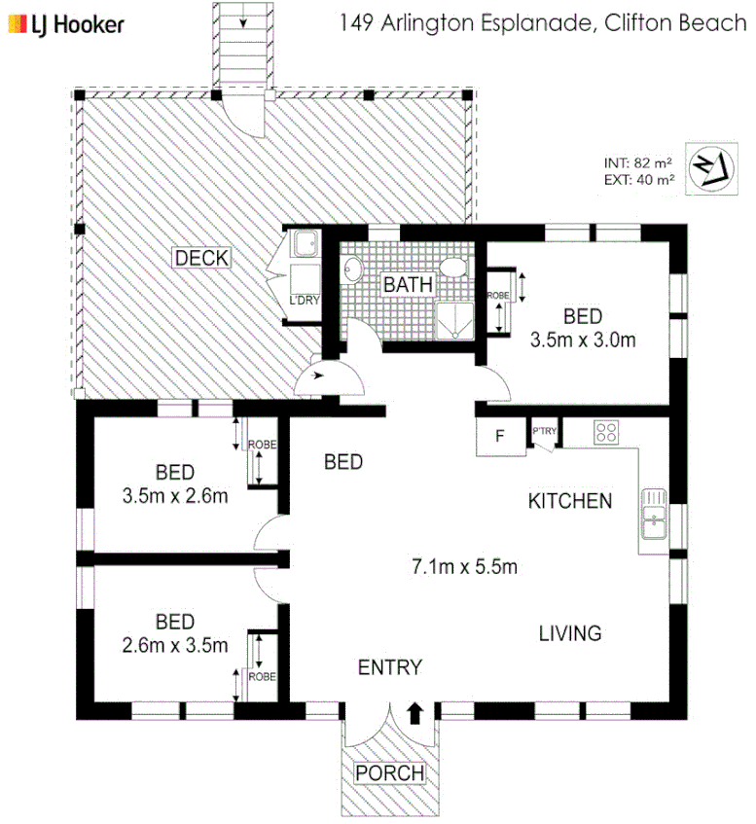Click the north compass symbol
point(709,168)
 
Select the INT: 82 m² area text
point(637,162)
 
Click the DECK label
point(201,258)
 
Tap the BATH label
point(404,285)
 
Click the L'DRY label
point(305,300)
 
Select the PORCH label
point(389,772)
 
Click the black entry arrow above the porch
point(415,713)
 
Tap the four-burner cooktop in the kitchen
point(607,433)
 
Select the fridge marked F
point(499,436)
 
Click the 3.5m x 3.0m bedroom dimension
point(583,340)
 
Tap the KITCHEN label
point(570,501)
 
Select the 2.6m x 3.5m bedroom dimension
point(175,644)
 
